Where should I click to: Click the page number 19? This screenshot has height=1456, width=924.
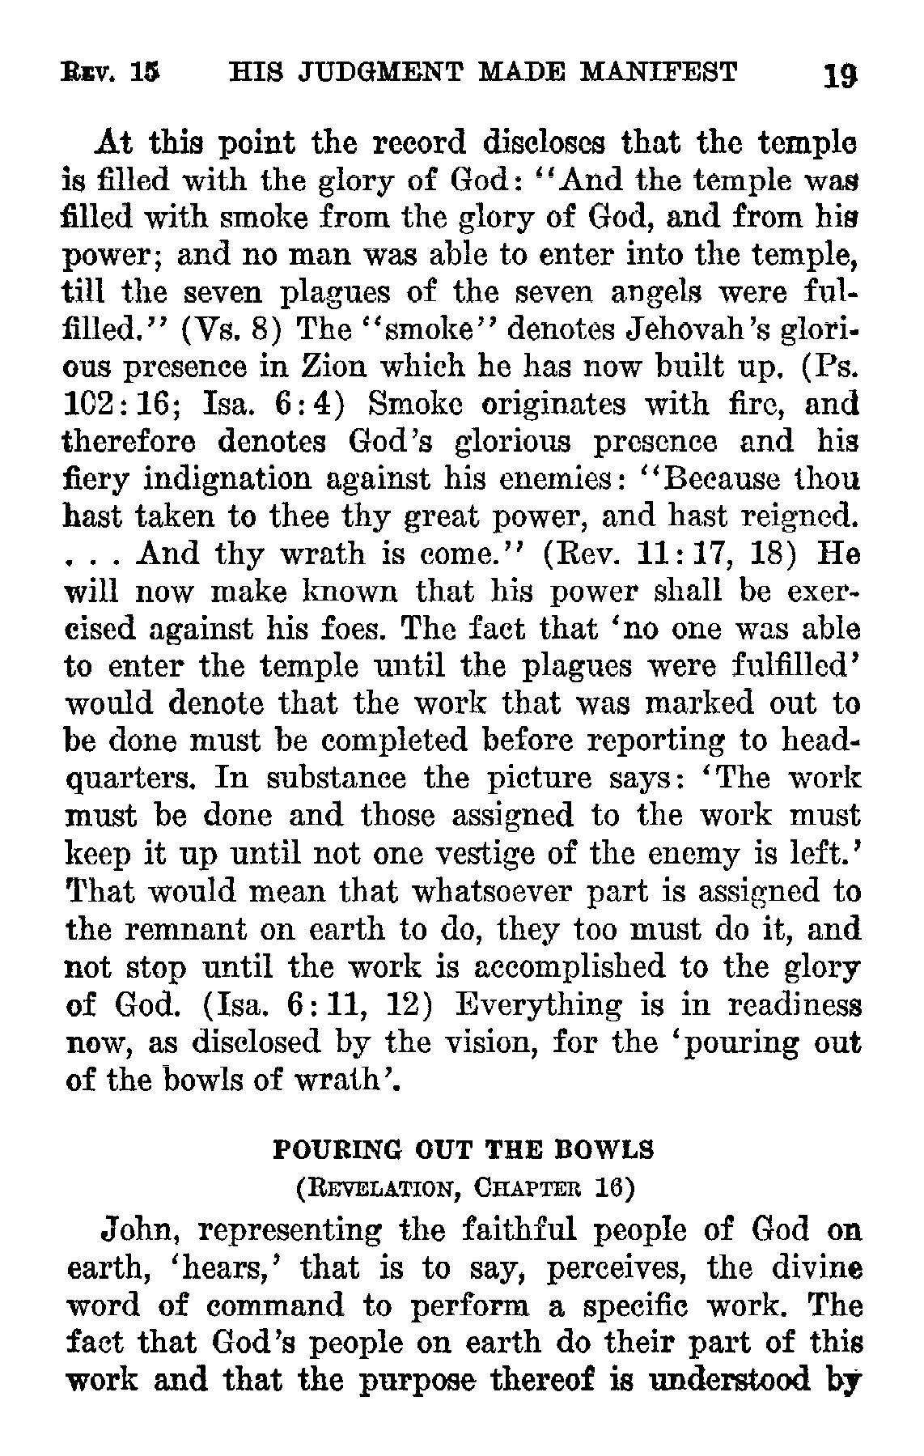point(838,77)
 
